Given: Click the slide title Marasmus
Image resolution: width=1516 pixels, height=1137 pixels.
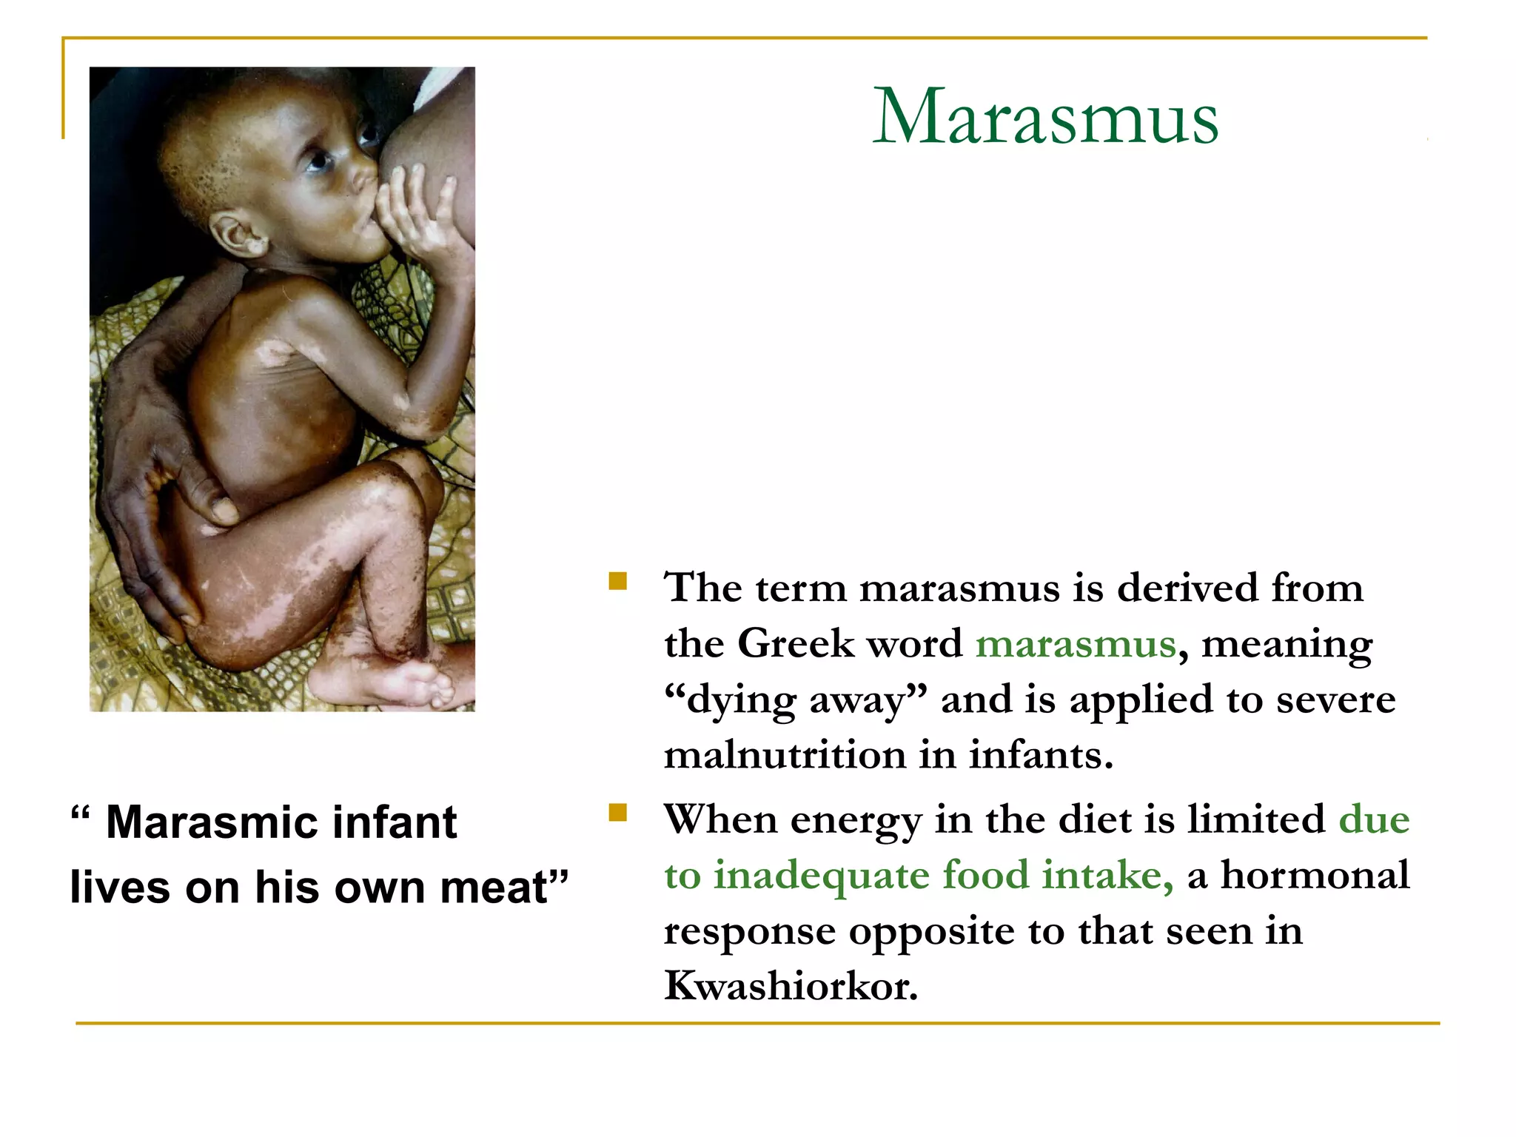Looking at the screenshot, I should tap(1045, 117).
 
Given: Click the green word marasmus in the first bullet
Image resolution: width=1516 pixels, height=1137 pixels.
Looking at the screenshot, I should tap(1075, 644).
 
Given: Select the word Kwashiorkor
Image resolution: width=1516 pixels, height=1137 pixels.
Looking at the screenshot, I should tap(791, 986).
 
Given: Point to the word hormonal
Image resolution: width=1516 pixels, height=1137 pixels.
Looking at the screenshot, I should tap(1315, 875).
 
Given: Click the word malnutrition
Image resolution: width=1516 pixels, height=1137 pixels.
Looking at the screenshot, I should tap(785, 755).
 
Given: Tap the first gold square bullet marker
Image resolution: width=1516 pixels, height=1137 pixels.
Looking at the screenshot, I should tap(617, 581).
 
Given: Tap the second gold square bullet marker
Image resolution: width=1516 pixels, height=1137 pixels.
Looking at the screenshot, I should tap(617, 813).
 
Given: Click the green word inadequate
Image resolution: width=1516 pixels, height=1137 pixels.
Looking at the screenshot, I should tap(821, 875).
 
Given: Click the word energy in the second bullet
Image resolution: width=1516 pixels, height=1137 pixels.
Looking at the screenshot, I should tap(856, 820).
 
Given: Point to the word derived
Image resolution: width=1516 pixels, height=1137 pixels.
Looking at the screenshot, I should tap(1187, 588).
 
